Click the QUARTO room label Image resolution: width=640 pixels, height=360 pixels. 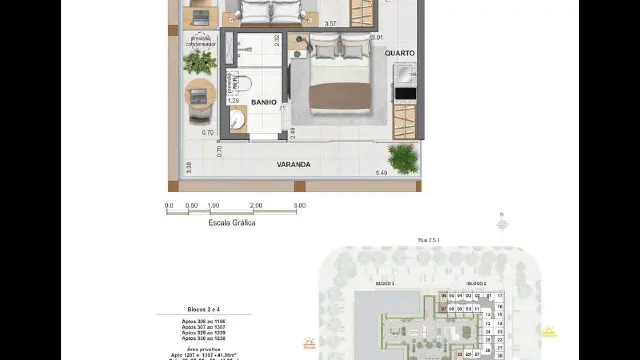pyautogui.click(x=398, y=54)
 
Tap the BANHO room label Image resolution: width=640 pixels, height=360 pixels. pyautogui.click(x=264, y=102)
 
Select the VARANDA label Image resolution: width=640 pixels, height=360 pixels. pyautogui.click(x=294, y=164)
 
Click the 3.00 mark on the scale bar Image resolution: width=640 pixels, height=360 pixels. pyautogui.click(x=299, y=205)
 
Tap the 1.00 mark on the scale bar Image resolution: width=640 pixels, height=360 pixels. pyautogui.click(x=212, y=205)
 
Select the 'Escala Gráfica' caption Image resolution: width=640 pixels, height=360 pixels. pyautogui.click(x=232, y=223)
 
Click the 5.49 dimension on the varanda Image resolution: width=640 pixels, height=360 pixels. pyautogui.click(x=380, y=173)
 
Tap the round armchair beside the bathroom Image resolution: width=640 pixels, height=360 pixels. pyautogui.click(x=199, y=97)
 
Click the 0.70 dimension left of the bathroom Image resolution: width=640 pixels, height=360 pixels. pyautogui.click(x=207, y=132)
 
